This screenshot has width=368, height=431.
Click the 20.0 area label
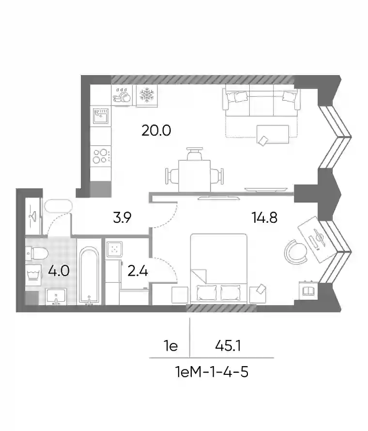pyautogui.click(x=156, y=130)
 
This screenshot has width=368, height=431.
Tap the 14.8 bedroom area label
pyautogui.click(x=264, y=217)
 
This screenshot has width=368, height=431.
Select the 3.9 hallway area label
pyautogui.click(x=122, y=217)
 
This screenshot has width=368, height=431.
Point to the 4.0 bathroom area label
pyautogui.click(x=59, y=271)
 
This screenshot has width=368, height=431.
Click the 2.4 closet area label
pyautogui.click(x=138, y=271)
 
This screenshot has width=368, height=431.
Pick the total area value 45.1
pyautogui.click(x=228, y=345)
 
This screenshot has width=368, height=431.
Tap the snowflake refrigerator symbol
pyautogui.click(x=147, y=95)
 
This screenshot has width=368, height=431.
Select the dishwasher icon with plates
pyautogui.click(x=122, y=95)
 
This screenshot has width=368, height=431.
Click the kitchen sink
pyautogui.click(x=101, y=116)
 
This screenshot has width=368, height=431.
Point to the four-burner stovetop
pyautogui.click(x=101, y=156)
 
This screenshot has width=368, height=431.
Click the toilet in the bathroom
pyautogui.click(x=37, y=253)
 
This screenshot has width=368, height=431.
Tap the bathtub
pyautogui.click(x=89, y=276)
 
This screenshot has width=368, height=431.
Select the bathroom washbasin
pyautogui.click(x=56, y=296)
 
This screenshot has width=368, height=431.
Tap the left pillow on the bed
pyautogui.click(x=206, y=292)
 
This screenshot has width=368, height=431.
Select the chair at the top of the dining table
pyautogui.click(x=194, y=154)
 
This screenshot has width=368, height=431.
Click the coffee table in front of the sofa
pyautogui.click(x=273, y=134)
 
